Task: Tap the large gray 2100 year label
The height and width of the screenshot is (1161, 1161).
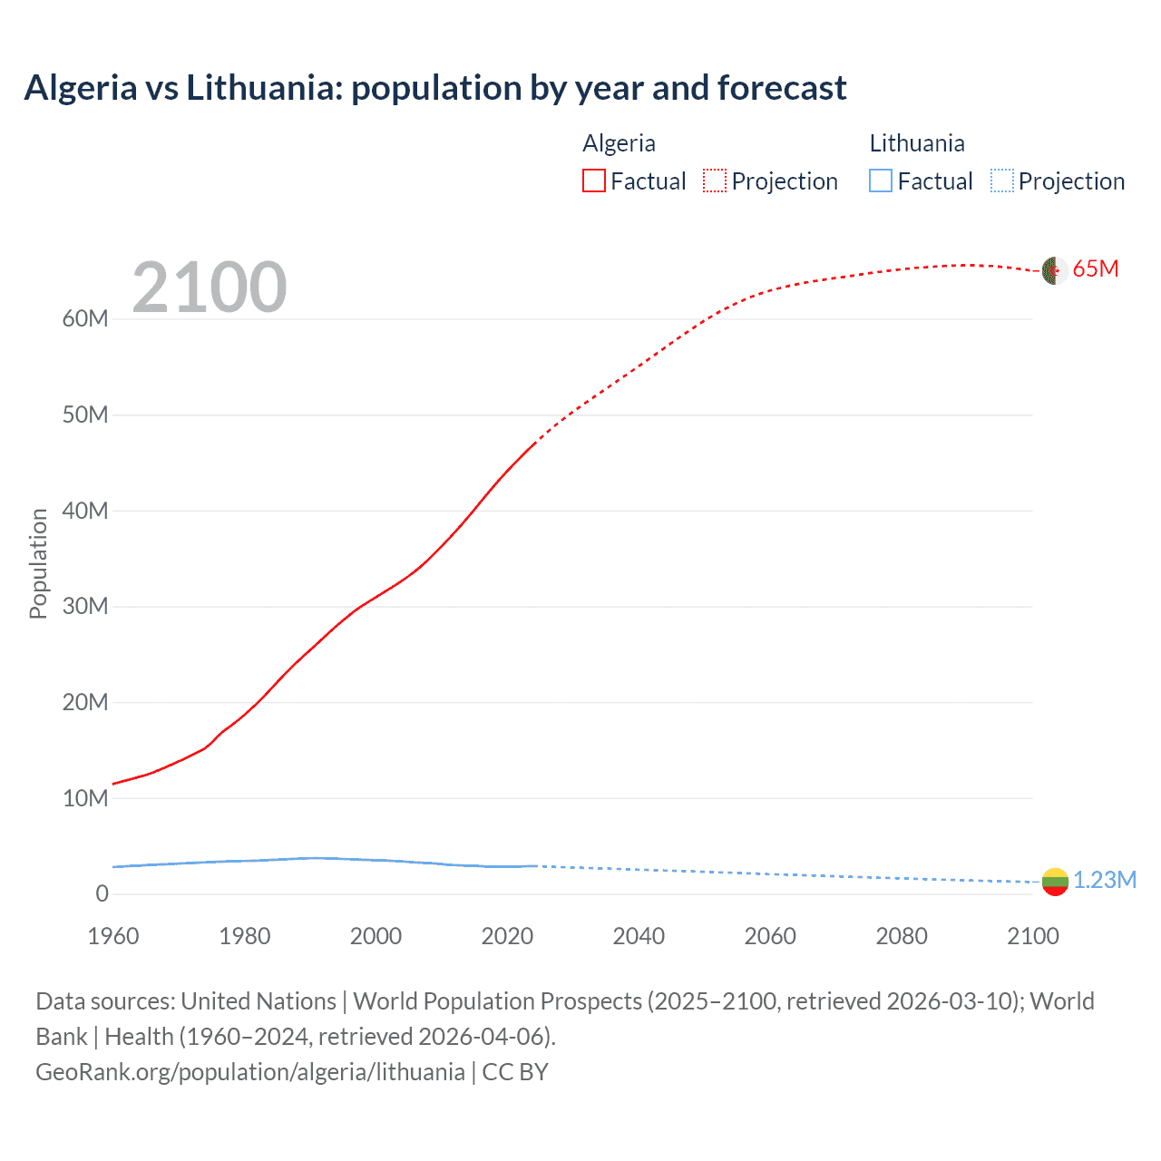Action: tap(210, 288)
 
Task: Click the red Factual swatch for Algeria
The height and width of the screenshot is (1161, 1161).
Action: tap(593, 181)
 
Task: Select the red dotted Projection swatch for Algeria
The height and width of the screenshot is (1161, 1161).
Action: tap(715, 181)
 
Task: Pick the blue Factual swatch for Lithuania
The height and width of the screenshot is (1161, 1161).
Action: tap(881, 181)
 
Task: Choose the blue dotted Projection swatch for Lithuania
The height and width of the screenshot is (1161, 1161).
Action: tap(1002, 181)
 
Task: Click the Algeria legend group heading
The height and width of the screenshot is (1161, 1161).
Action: tap(619, 143)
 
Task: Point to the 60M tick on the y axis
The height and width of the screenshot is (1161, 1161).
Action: tap(85, 319)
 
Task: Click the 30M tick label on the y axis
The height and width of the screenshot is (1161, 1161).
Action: tap(85, 607)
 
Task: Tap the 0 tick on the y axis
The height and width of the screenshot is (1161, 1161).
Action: tap(102, 894)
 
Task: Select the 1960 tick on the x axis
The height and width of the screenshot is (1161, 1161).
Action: tap(113, 936)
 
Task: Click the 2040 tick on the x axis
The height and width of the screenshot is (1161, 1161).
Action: tap(639, 936)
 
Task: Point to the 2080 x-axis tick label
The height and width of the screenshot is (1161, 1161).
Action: tap(902, 936)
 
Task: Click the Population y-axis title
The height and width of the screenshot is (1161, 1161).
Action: tap(38, 563)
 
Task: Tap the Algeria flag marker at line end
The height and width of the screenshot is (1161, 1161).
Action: tap(1054, 270)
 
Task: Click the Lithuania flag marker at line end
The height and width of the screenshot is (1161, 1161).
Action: tap(1055, 882)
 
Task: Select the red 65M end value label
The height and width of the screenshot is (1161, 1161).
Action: tap(1096, 269)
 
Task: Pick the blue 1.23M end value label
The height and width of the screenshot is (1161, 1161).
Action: tap(1105, 881)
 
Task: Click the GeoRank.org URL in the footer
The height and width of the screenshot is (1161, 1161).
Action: tap(250, 1072)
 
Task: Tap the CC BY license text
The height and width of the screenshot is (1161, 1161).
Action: tap(515, 1072)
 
